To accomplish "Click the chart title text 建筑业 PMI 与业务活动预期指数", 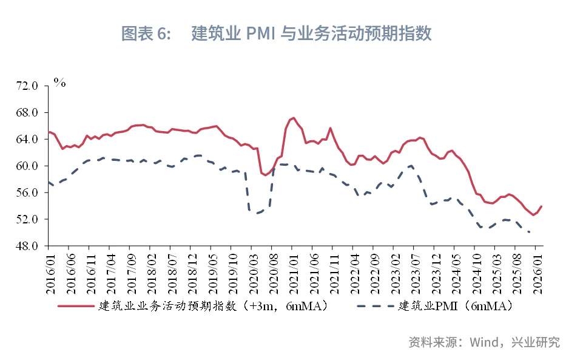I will pos(311,33).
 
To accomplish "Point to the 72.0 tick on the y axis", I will pos(27,86).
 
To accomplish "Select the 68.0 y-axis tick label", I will pos(27,113).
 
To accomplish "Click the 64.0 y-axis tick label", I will pos(27,140).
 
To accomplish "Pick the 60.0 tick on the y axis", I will pos(27,166).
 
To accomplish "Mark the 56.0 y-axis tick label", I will pos(27,192).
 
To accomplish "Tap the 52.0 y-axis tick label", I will pos(27,219).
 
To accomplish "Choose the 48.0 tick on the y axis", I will pos(27,246).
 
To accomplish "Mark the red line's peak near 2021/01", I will pos(293,118).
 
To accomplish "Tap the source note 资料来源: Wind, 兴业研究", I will pos(484,342).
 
